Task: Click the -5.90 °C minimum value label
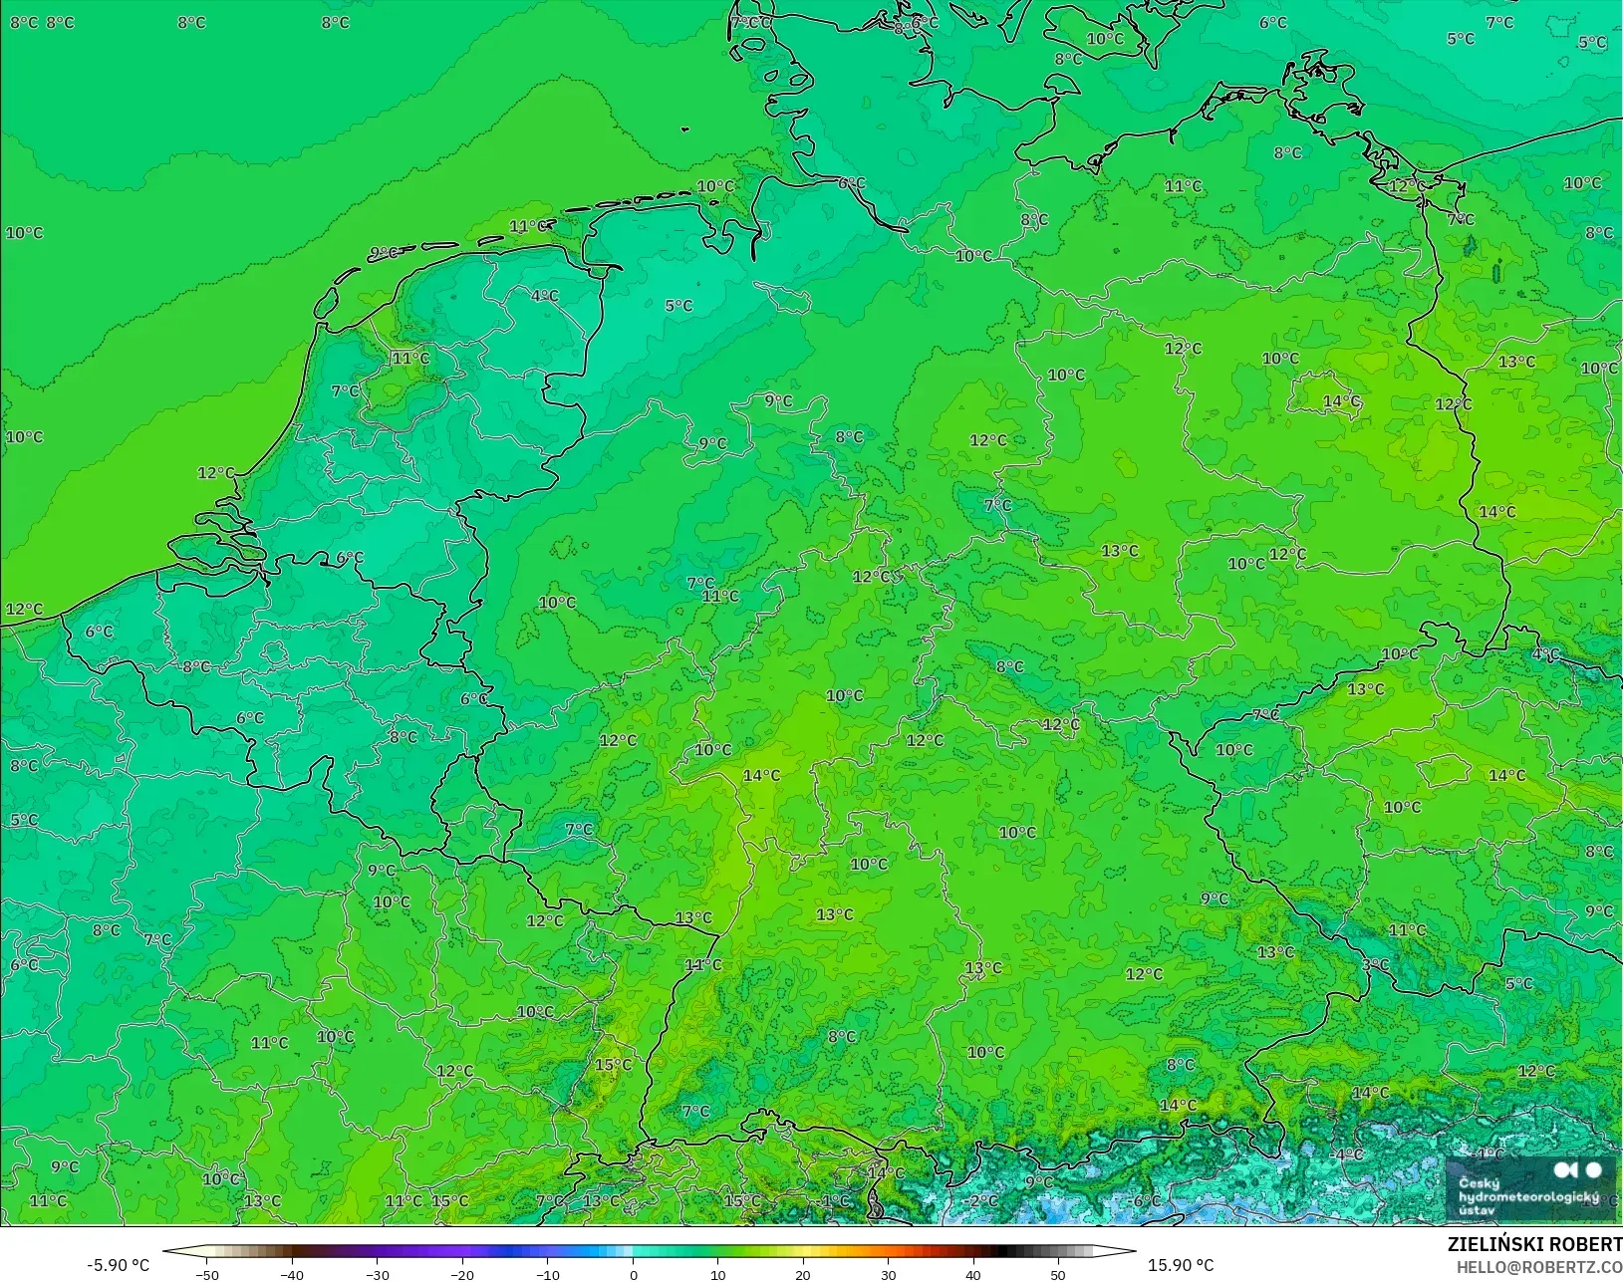(118, 1265)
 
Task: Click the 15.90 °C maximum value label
(1181, 1265)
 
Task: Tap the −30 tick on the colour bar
(377, 1274)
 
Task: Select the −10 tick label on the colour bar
(547, 1274)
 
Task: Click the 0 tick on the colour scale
(634, 1274)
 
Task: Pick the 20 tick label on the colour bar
(803, 1274)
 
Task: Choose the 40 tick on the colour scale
(973, 1274)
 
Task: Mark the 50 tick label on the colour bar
(1058, 1274)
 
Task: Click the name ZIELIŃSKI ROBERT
(1534, 1244)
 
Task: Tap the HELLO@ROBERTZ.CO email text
(1539, 1267)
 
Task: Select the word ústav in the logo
(1477, 1210)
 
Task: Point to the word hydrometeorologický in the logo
(1528, 1196)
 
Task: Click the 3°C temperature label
(1376, 964)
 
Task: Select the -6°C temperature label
(1146, 1200)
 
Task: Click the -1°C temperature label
(835, 1200)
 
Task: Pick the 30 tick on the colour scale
(889, 1274)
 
